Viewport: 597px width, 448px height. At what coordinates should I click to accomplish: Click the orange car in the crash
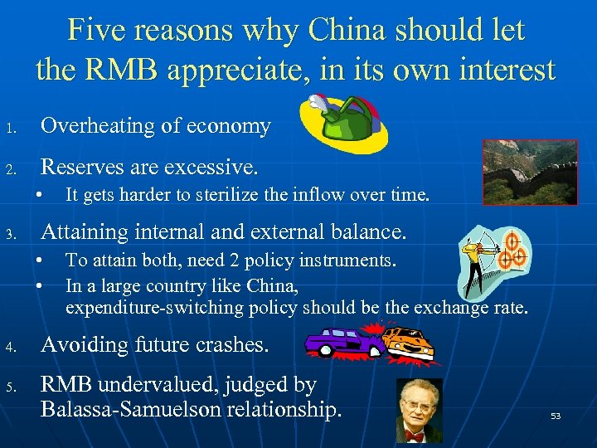[411, 343]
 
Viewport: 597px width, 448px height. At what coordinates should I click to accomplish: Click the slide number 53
[556, 416]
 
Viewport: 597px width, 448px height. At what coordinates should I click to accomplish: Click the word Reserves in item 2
[80, 168]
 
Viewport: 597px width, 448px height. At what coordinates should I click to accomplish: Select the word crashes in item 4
[231, 343]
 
